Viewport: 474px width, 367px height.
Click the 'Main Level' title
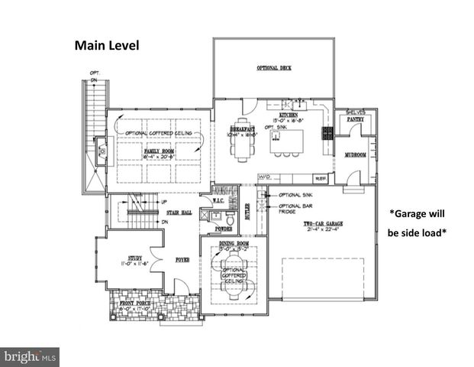pyautogui.click(x=107, y=45)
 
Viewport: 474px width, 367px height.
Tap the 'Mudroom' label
pyautogui.click(x=356, y=154)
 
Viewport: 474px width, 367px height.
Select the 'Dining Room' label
pyautogui.click(x=233, y=243)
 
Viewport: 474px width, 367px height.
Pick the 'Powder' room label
pyautogui.click(x=224, y=228)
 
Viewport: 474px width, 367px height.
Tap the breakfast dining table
pyautogui.click(x=243, y=141)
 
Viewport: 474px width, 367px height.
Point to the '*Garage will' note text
pyautogui.click(x=416, y=214)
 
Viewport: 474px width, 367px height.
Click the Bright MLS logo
pyautogui.click(x=31, y=356)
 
